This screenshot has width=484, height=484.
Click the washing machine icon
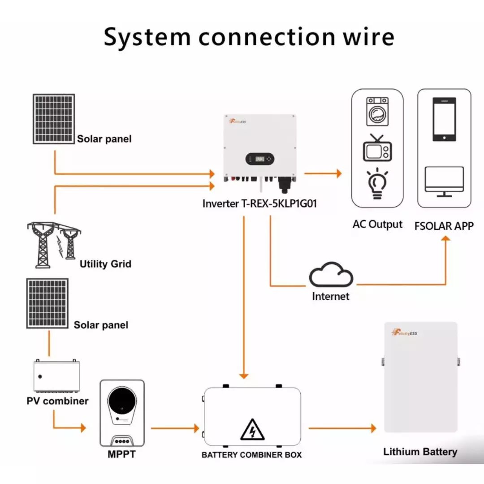pos(377,112)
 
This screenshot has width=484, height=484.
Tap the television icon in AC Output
pos(377,148)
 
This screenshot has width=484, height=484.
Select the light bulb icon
pos(377,184)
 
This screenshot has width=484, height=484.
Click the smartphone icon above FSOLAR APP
pos(444,119)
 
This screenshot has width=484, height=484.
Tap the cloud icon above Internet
pos(331,275)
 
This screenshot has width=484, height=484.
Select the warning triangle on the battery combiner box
pos(252,429)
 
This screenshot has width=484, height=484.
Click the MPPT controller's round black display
pos(122,401)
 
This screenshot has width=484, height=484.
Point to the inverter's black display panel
pos(259,159)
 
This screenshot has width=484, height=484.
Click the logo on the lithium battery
pos(404,333)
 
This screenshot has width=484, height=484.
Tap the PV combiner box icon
pos(56,376)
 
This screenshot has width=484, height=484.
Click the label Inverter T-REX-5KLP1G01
pos(259,204)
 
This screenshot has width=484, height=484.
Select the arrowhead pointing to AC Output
pos(339,173)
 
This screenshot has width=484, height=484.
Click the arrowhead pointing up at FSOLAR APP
pos(445,238)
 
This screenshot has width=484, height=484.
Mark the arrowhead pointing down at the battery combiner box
pos(244,376)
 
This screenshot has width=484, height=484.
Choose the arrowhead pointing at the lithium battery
pos(373,428)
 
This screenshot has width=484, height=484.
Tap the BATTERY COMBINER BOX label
pos(251,455)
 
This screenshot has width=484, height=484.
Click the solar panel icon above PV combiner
pos(47,303)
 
